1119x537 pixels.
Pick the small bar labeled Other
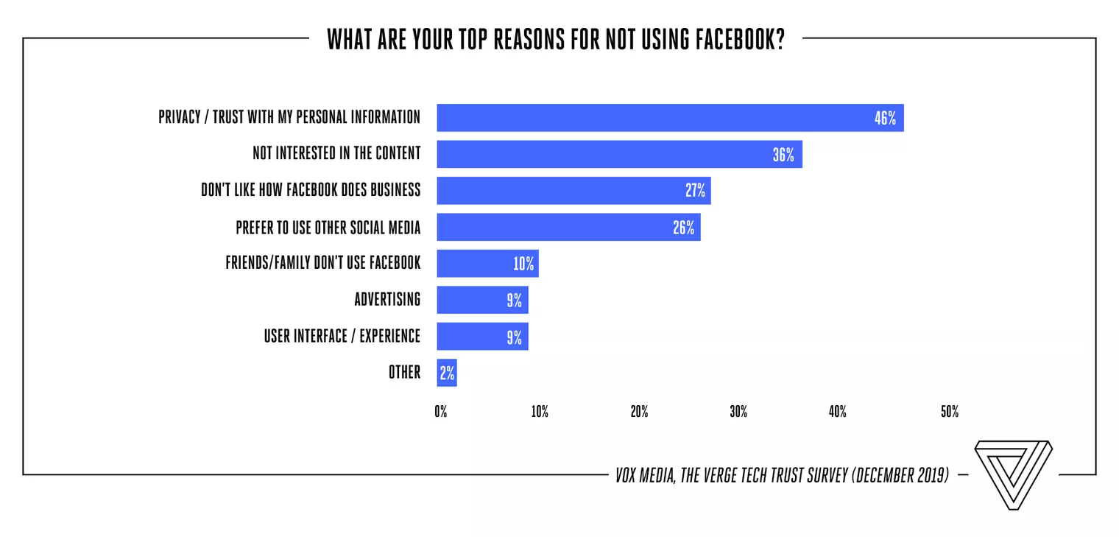[x=447, y=373]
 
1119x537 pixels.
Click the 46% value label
[x=885, y=118]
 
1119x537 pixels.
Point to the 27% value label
[x=696, y=191]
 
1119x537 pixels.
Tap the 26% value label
[x=684, y=228]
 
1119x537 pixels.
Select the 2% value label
[x=447, y=373]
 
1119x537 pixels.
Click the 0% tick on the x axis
[x=440, y=412]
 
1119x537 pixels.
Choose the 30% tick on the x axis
[x=738, y=412]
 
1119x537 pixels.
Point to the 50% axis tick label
[x=949, y=412]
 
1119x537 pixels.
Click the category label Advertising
[x=387, y=299]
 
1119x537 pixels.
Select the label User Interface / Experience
[x=342, y=336]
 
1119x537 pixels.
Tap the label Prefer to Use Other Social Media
[x=328, y=227]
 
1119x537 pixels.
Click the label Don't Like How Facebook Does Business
[x=311, y=190]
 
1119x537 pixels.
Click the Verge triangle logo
[x=1013, y=475]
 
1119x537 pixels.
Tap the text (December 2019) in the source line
[x=900, y=475]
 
